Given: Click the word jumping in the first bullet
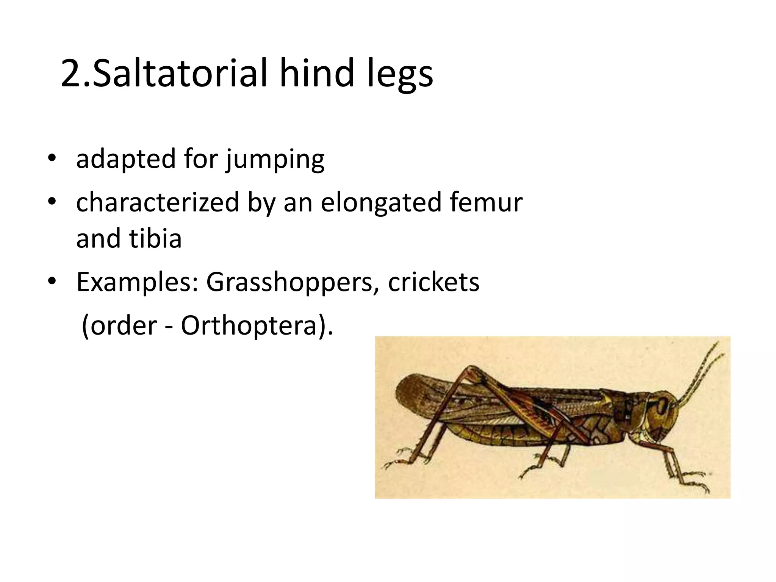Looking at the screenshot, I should point(275,160).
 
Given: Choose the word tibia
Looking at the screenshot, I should point(155,238).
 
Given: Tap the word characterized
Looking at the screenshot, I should point(158,202).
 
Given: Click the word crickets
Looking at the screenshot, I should point(433,282).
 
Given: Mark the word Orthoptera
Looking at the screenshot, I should point(249,325).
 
